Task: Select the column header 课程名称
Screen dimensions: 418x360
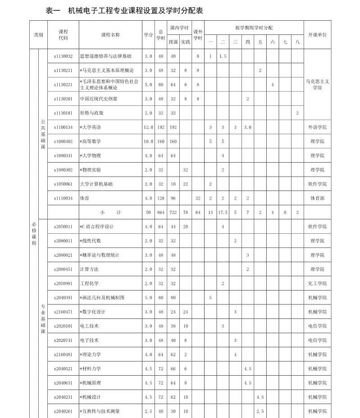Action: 110,35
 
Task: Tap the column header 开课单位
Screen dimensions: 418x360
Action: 317,35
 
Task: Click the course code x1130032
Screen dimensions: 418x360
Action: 63,56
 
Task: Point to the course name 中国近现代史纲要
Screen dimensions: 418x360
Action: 99,99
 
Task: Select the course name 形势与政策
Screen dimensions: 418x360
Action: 91,113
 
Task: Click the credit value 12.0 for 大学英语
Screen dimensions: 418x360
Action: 148,127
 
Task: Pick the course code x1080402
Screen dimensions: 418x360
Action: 63,141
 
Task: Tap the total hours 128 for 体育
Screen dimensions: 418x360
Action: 160,198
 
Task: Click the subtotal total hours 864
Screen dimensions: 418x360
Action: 160,212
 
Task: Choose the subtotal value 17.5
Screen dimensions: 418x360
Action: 223,212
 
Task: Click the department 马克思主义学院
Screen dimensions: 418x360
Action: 317,85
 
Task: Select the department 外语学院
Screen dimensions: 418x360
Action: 318,127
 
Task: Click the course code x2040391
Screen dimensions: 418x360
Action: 63,298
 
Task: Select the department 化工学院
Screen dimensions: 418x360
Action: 318,283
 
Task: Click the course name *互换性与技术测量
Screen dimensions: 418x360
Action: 100,411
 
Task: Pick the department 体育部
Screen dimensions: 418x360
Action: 318,198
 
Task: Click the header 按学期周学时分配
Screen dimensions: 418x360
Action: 254,27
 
